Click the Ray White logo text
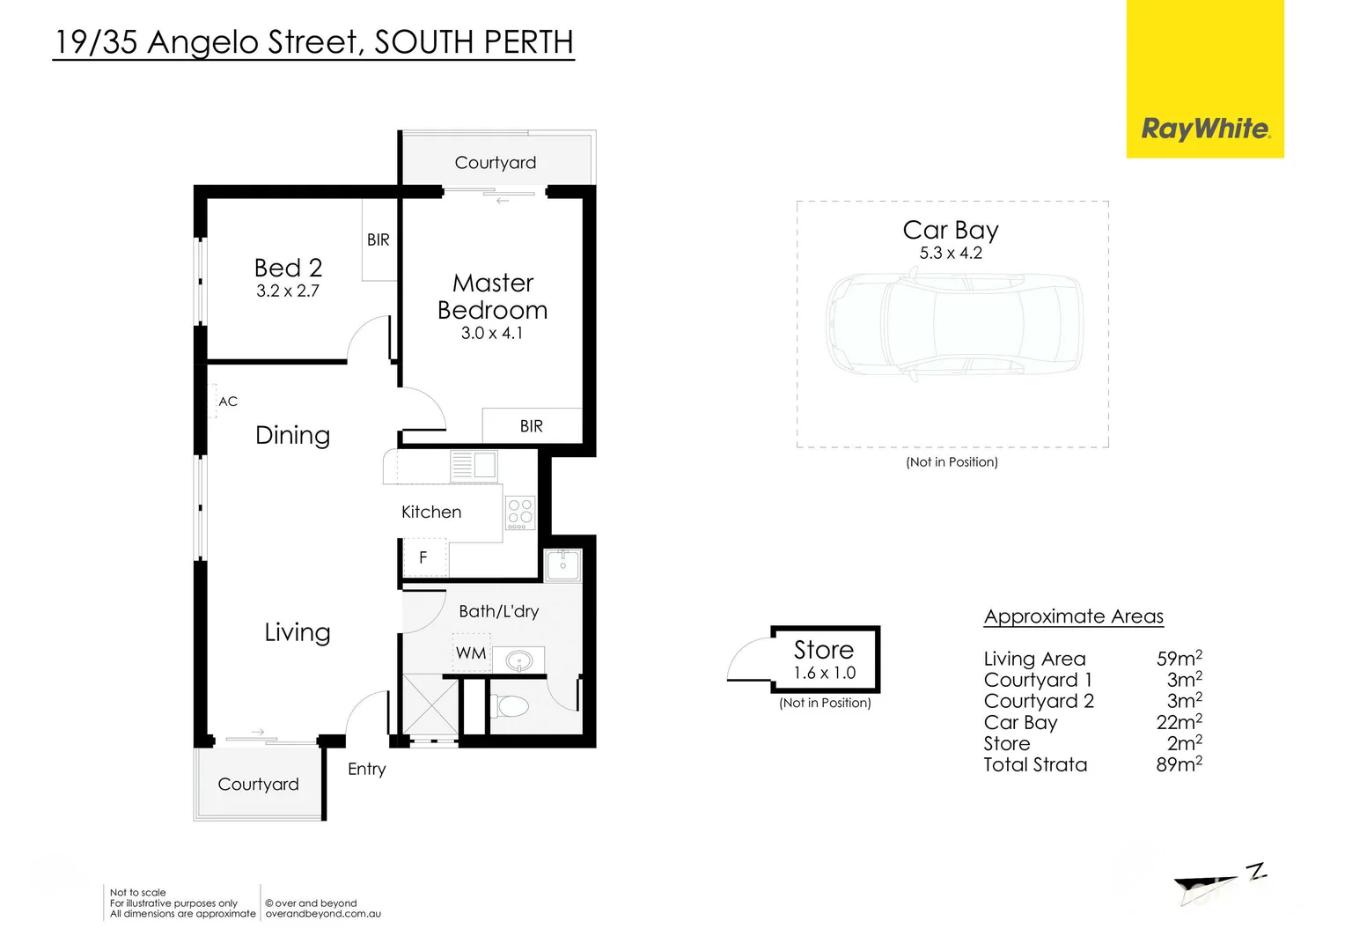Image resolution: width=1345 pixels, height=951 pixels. [x=1206, y=129]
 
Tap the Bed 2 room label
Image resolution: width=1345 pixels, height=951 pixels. [x=288, y=268]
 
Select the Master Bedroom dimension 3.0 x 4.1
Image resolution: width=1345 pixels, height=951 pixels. [x=492, y=333]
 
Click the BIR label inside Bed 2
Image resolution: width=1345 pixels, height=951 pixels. [x=379, y=240]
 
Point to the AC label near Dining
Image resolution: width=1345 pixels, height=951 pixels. [x=228, y=402]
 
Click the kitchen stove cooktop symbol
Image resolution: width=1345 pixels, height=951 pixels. [x=520, y=512]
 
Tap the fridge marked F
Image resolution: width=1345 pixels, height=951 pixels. [x=424, y=557]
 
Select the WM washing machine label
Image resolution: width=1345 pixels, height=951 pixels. [x=471, y=653]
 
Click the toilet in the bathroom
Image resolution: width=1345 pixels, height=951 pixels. [x=509, y=706]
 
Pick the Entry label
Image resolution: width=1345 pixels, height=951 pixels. [x=366, y=769]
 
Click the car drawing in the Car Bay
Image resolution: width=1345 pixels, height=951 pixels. [x=954, y=325]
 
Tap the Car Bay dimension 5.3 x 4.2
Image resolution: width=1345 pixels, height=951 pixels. [x=952, y=253]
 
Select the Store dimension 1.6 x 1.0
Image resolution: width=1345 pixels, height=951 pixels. [x=825, y=673]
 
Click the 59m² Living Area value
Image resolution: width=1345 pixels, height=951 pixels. [x=1180, y=658]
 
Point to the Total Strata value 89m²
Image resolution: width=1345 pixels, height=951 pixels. [x=1180, y=763]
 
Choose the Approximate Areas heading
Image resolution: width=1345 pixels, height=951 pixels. [x=1074, y=616]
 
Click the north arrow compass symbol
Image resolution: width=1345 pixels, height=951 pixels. [x=1219, y=883]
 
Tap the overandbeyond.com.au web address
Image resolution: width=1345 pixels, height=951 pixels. [x=323, y=914]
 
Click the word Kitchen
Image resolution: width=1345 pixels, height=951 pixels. [x=431, y=512]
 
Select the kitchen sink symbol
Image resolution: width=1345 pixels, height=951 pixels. [x=474, y=465]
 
